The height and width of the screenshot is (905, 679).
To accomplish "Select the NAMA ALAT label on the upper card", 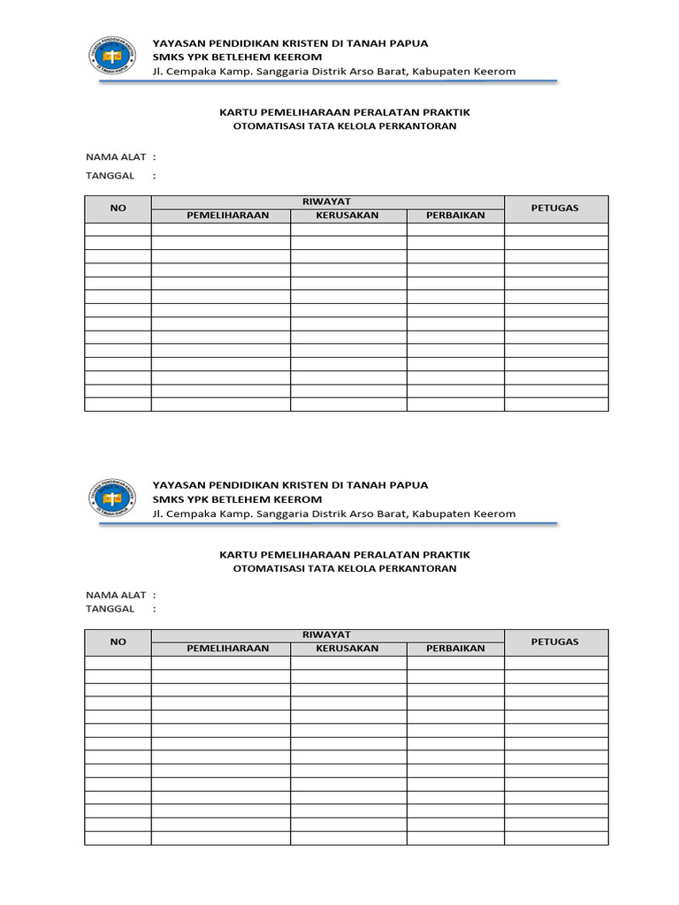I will point(115,156).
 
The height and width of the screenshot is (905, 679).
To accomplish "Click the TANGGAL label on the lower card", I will point(110,608).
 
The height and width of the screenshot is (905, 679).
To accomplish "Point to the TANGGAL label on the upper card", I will point(110,175).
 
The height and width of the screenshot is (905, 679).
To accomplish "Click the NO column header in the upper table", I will point(118,209).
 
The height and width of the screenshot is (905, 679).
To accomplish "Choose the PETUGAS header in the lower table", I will point(555,642).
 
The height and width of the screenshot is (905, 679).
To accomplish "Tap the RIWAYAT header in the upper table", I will point(327,202).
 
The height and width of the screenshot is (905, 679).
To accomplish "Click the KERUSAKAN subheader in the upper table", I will point(347,216).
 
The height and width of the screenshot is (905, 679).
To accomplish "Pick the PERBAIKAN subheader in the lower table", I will point(455,649).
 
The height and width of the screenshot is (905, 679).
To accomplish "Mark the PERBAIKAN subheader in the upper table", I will point(455,216).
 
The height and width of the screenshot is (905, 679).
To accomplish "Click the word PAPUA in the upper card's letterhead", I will point(409,43).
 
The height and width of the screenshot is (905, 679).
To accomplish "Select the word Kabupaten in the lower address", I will point(438,513).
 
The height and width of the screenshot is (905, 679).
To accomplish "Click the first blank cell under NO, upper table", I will point(118,230).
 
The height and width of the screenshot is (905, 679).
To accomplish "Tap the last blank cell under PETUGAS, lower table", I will point(555,838).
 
